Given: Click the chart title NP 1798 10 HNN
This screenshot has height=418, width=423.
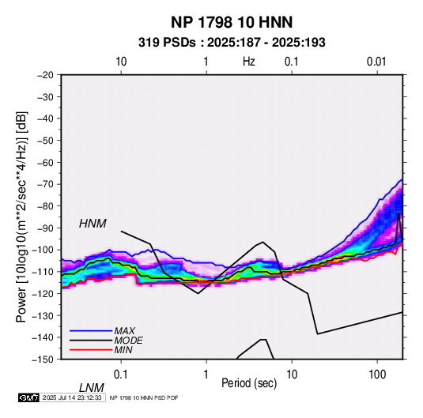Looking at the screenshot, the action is coord(232,22).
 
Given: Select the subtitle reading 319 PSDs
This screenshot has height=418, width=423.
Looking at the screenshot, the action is coord(167,43).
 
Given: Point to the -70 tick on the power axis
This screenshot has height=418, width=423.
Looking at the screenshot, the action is coord(45,184).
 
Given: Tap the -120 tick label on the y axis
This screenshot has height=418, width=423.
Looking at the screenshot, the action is coord(43,294).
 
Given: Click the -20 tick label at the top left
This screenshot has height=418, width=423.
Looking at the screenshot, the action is coord(45,75).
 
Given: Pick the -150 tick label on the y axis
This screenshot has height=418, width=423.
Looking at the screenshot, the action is coord(43,360).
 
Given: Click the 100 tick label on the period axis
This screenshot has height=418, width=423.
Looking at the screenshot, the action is coord(377,375).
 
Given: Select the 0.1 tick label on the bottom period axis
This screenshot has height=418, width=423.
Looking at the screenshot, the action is coord(121,375).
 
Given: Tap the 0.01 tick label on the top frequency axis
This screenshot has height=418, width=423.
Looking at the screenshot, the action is coord(376,62).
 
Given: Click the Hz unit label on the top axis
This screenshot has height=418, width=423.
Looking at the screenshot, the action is coord(249,62).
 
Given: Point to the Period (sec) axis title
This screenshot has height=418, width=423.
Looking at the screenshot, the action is coord(249,383).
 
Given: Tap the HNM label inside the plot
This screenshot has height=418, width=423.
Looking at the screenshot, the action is coord(93,224).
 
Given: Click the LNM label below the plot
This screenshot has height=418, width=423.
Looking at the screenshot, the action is coord(91,388).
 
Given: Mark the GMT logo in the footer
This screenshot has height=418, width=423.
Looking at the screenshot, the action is coord(28,397).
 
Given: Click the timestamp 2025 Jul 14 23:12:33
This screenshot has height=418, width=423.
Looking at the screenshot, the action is coord(72,397).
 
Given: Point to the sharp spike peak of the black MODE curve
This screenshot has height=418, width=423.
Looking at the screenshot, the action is coord(398,213).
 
